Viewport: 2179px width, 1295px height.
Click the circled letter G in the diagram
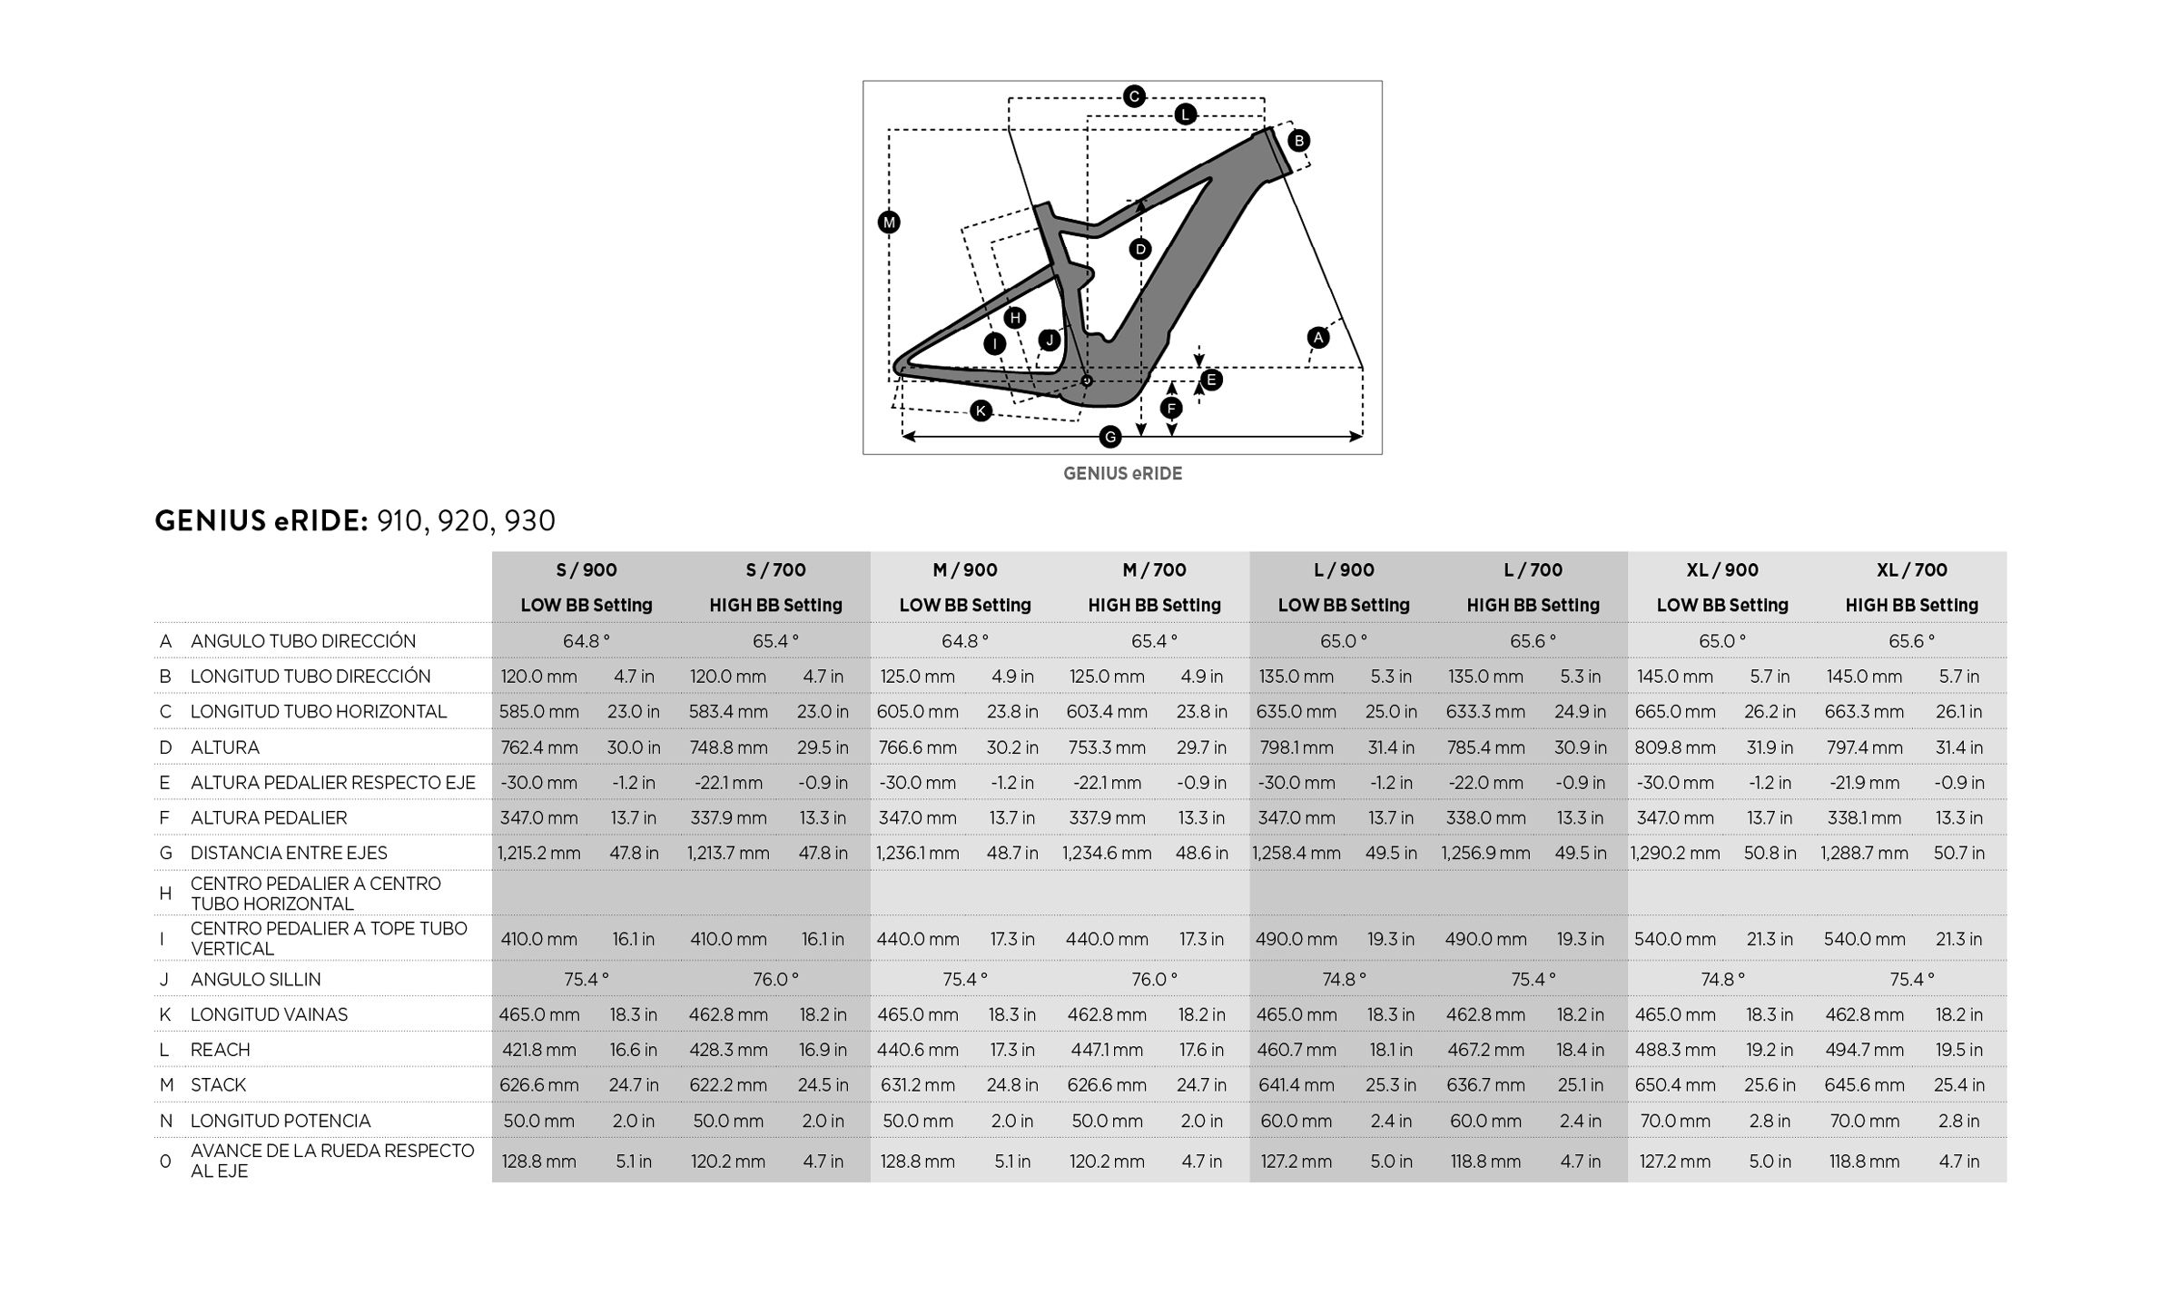point(1109,438)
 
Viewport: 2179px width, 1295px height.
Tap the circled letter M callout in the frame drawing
point(889,222)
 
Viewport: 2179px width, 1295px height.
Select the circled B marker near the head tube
point(1298,141)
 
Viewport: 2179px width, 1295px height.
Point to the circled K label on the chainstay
point(981,411)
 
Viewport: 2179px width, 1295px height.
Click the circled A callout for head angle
point(1317,338)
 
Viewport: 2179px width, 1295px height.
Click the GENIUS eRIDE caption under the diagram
point(1122,473)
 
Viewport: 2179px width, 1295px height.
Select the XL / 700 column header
point(1911,570)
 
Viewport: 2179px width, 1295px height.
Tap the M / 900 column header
point(964,570)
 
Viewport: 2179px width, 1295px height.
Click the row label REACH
point(220,1050)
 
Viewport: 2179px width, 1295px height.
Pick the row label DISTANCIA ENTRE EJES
point(289,853)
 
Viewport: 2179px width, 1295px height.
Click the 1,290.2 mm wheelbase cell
point(1674,853)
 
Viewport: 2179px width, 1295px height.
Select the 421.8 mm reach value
point(538,1050)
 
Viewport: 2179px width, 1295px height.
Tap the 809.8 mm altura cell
point(1675,747)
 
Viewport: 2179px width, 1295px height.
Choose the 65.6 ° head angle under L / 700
point(1533,641)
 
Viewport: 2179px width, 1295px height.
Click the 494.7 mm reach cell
point(1864,1050)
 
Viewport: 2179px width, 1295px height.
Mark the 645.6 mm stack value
point(1864,1085)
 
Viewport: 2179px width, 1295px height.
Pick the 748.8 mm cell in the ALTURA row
point(728,747)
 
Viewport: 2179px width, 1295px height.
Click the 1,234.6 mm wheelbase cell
point(1107,853)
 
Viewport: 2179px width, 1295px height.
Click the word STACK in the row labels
point(218,1085)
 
